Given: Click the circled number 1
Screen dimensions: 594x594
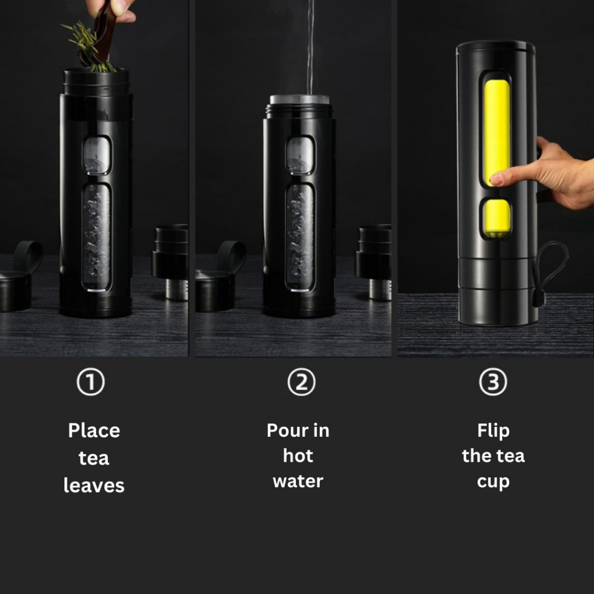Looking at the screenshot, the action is coord(90,382).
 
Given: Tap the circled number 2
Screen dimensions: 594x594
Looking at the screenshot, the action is coord(301,382).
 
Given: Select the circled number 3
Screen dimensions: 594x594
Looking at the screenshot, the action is coord(493,382).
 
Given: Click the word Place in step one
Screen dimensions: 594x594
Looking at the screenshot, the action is coord(94,431).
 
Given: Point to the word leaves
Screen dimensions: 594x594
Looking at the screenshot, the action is coord(94,486).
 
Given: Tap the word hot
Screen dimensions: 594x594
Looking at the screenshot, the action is coord(298,456).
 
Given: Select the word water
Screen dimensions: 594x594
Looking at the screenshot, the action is coord(298,481).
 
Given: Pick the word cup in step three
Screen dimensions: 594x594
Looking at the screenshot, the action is coord(493,482).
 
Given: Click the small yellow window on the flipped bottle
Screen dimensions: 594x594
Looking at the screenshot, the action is coord(497,219).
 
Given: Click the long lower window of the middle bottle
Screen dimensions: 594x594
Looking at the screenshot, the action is coord(300,237).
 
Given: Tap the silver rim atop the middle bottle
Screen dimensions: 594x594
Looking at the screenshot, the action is coord(299,99).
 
